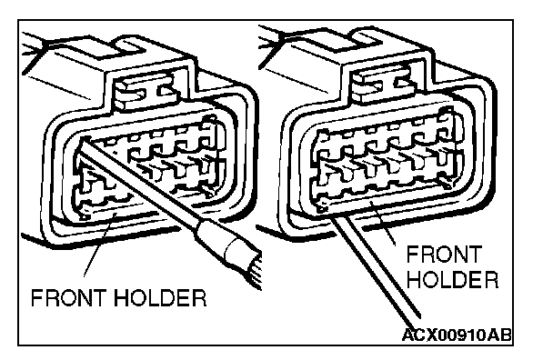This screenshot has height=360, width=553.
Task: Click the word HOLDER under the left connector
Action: click(x=160, y=298)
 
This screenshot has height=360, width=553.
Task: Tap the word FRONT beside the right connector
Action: click(x=444, y=255)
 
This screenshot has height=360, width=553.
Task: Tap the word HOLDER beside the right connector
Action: click(x=453, y=280)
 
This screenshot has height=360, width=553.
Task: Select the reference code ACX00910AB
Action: click(x=457, y=335)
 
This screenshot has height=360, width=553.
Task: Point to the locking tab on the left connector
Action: click(x=146, y=94)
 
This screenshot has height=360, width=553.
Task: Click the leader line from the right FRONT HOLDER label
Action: click(x=382, y=223)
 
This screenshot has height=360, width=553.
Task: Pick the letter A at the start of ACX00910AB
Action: click(x=408, y=335)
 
